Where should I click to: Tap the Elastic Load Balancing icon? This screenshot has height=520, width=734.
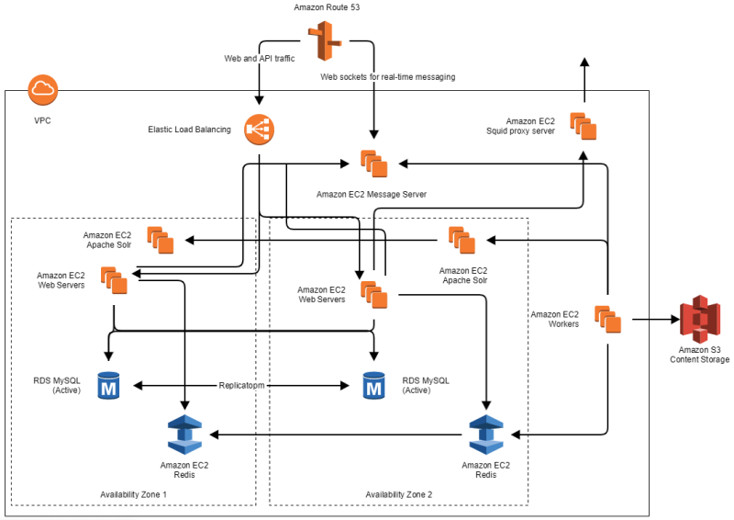(259, 130)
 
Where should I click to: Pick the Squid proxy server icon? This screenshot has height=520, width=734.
(583, 126)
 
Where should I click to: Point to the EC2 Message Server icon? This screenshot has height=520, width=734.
(373, 163)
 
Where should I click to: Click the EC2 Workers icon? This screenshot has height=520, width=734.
(607, 319)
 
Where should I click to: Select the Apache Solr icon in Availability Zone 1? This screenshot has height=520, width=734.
(160, 240)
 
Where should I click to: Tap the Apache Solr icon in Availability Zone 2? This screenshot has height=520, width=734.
(462, 240)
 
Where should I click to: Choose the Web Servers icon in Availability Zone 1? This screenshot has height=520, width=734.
(114, 280)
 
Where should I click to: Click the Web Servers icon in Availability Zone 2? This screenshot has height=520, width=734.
(373, 295)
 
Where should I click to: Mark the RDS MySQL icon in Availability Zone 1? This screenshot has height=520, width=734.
(110, 386)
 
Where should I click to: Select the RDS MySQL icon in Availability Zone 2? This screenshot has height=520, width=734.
(373, 386)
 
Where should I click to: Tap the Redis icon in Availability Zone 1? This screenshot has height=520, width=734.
(184, 435)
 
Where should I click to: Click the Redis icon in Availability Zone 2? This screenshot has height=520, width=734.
(485, 435)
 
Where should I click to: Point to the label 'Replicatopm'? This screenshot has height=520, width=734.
(241, 386)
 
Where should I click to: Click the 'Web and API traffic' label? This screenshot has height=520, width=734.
(261, 58)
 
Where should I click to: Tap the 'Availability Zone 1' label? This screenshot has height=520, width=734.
(134, 495)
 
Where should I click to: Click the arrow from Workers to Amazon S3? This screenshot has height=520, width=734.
(653, 321)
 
